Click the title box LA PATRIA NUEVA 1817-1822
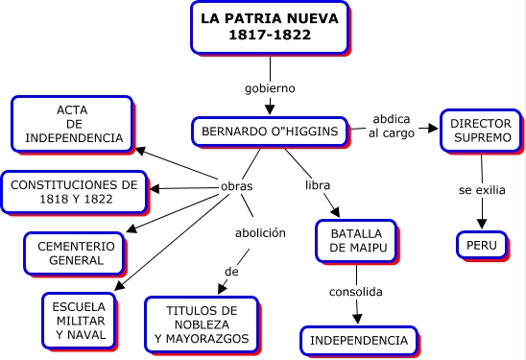pos(270,28)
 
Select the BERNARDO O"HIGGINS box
pos(270,132)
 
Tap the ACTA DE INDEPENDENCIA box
pos(72,124)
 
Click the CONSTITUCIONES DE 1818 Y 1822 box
pos(74,192)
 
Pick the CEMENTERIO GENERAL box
pos(75,253)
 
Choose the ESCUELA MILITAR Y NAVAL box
pos(80,321)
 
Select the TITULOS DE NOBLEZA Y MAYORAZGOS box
pos(202,324)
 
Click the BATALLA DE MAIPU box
pos(357,241)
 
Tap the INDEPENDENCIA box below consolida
pos(359,341)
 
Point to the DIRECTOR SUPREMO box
pos(481,131)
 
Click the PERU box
pos(482,245)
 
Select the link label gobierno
pos(270,88)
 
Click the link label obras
pos(236,186)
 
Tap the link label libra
pos(318,185)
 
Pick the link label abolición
pos(260,233)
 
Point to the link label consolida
pos(356,292)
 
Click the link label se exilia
pos(482,190)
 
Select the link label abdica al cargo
pos(392,126)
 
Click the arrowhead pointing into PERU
pos(482,224)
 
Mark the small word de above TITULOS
pos(231,272)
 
